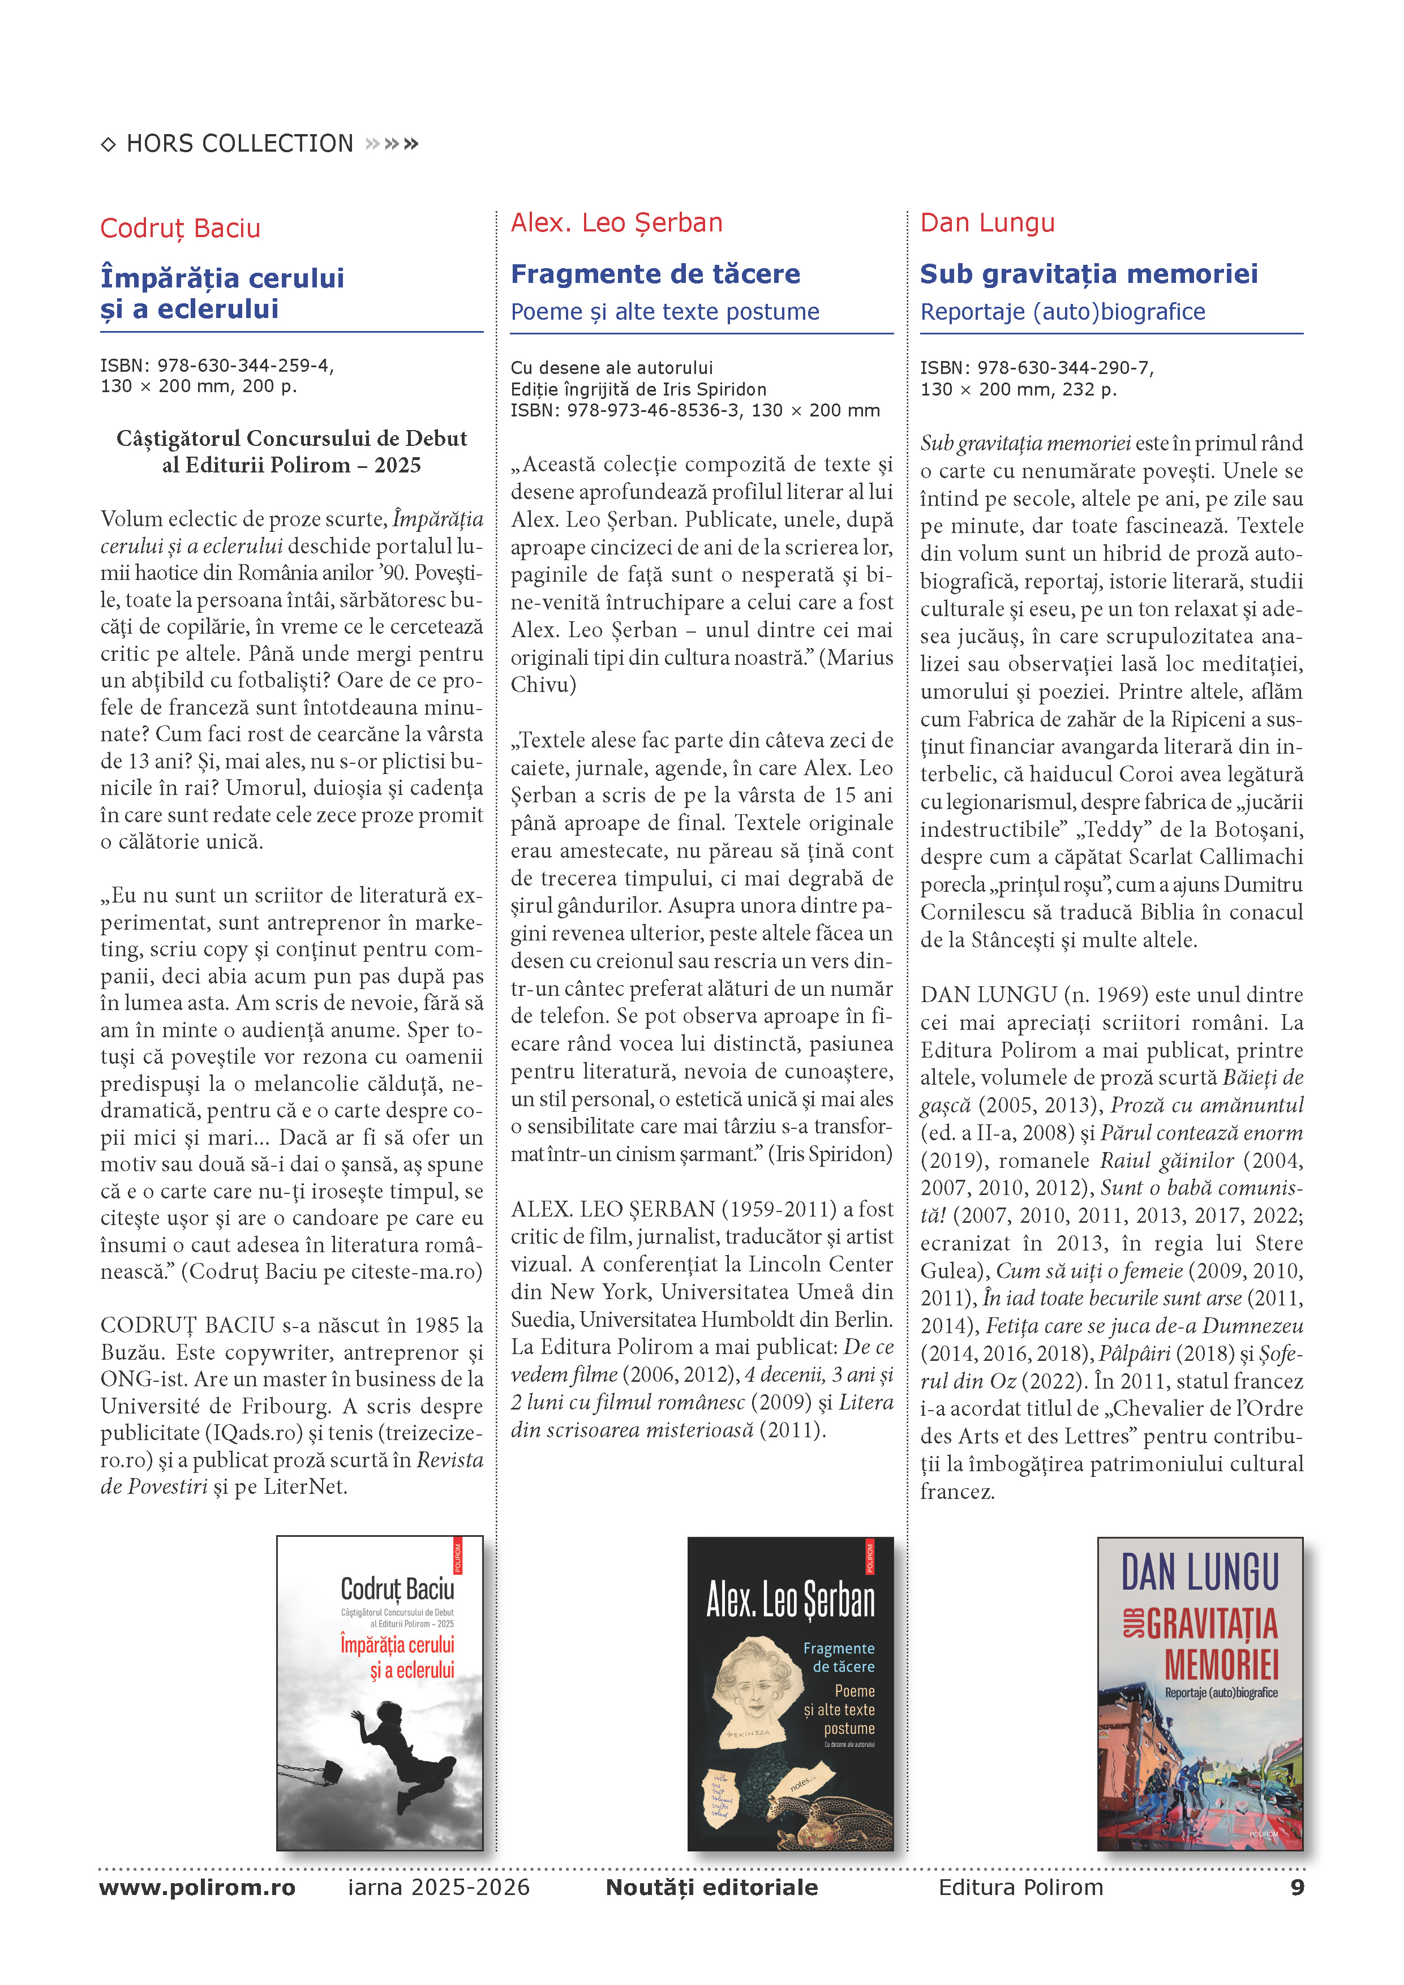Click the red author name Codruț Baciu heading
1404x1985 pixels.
[x=180, y=228]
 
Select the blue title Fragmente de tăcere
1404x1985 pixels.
[x=655, y=274]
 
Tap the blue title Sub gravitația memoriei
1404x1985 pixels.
[x=1088, y=274]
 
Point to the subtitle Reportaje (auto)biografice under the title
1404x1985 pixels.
[x=1063, y=312]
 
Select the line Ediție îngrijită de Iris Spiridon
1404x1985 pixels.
[x=638, y=389]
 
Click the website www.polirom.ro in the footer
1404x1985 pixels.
[x=197, y=1887]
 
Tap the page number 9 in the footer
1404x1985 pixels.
[x=1297, y=1887]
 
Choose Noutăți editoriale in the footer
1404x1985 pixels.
[x=711, y=1887]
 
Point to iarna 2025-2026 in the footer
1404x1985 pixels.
[x=439, y=1887]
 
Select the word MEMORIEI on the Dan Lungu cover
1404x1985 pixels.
[x=1221, y=1664]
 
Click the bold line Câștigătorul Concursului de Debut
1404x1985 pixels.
[x=291, y=439]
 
